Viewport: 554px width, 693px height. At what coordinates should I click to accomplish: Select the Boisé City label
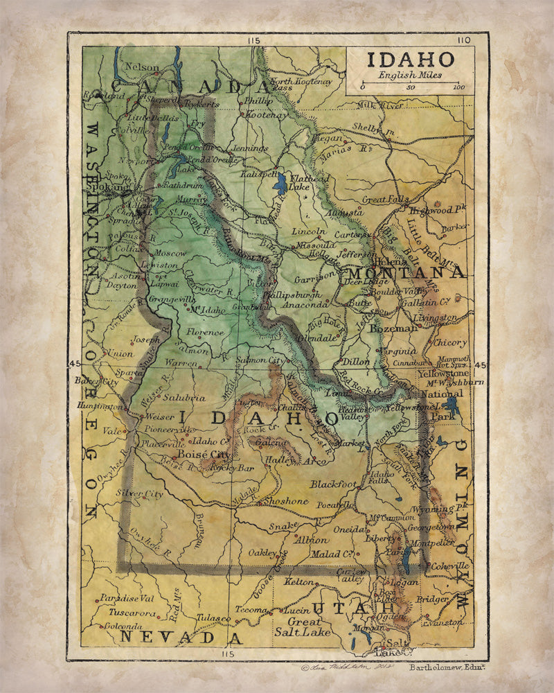click(203, 454)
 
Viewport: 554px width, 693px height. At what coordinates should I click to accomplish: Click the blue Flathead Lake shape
click(280, 185)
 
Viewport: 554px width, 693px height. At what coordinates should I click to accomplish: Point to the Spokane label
click(114, 187)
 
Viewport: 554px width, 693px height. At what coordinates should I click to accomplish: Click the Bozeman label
click(393, 328)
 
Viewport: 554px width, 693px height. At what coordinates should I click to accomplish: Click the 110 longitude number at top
click(463, 40)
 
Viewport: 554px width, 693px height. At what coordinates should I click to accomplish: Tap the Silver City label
click(140, 493)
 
